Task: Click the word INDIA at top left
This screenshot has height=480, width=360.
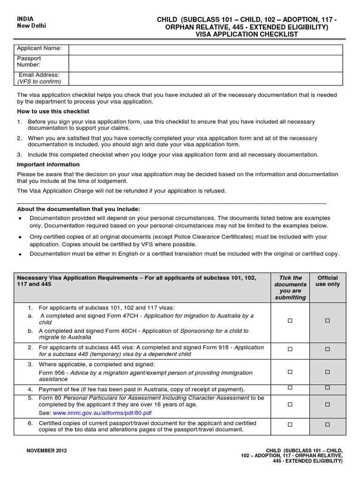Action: [25, 19]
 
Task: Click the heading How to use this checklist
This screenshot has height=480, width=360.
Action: [53, 112]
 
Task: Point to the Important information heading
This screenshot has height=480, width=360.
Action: [48, 165]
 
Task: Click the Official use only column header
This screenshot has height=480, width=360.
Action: [328, 281]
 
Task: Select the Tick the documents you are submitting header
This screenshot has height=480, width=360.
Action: [290, 288]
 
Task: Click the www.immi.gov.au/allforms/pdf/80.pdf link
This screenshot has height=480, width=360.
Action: [102, 413]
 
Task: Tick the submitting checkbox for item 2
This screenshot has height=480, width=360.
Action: [290, 349]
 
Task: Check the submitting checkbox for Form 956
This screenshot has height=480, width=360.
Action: [290, 372]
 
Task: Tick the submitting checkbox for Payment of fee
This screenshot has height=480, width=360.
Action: [290, 388]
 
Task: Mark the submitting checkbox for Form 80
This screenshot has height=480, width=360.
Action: [290, 404]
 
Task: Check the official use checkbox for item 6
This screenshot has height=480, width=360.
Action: [328, 424]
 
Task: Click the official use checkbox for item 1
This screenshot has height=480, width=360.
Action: [328, 321]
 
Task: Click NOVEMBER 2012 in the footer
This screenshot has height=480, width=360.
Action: [47, 451]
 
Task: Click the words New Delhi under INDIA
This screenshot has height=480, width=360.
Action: [32, 26]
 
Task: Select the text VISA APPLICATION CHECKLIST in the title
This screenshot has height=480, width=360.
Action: [247, 35]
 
